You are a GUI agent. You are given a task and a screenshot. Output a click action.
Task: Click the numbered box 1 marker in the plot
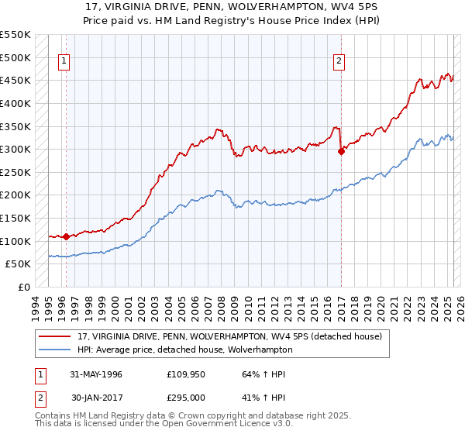coord(63,63)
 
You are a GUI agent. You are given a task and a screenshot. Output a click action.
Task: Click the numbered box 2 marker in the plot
coord(339,63)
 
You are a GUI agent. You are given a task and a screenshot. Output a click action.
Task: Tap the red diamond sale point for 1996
coord(66,236)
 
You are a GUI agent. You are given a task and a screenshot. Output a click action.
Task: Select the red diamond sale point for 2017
coord(341,152)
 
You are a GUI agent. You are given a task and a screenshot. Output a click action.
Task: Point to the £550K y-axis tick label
coord(15,35)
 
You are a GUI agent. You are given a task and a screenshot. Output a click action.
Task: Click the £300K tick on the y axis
coord(15,149)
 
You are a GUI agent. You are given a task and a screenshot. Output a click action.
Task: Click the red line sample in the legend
coord(56,336)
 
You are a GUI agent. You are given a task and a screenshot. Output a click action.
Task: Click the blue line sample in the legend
coord(56,350)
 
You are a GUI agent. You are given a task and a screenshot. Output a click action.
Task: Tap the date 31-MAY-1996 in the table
coord(96,374)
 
